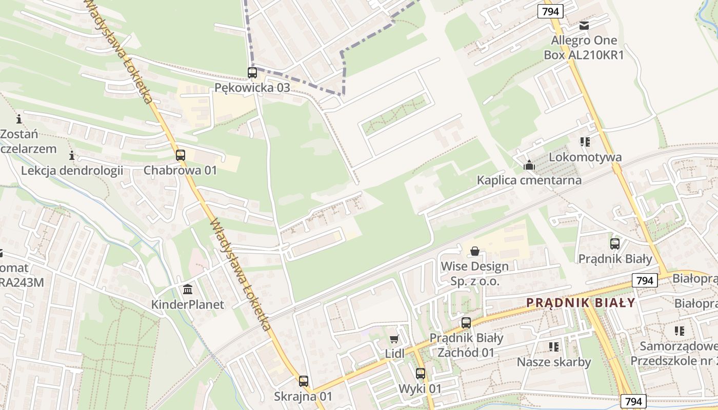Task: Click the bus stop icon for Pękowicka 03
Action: (252, 73)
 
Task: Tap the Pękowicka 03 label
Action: (252, 88)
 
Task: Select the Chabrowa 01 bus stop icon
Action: (181, 155)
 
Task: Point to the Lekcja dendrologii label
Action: (72, 170)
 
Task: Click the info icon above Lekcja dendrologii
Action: (72, 155)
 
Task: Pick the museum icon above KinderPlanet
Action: (188, 290)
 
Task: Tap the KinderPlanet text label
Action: (188, 304)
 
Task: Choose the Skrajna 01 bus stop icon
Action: (303, 381)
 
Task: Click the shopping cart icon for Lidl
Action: (394, 339)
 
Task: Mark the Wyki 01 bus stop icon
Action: (421, 374)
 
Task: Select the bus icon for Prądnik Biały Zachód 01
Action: (466, 323)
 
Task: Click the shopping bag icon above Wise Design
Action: (475, 251)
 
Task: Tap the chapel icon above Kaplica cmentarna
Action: (529, 165)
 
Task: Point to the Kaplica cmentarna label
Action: (529, 180)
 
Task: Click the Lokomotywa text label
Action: (585, 157)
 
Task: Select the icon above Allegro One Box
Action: (584, 26)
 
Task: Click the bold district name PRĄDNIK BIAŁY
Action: (581, 302)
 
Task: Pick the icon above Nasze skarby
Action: (554, 347)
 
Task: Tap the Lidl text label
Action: (394, 354)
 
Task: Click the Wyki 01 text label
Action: (421, 388)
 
